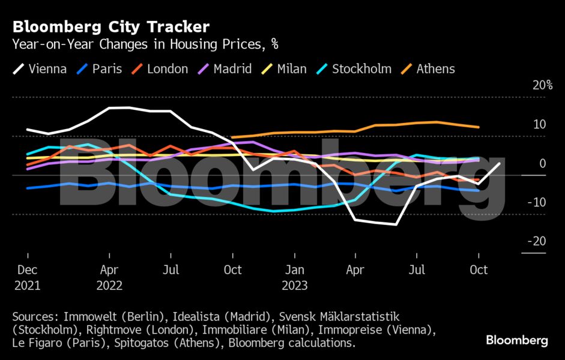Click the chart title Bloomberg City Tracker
point(111,27)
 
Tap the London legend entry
point(161,69)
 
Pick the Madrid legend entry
point(225,69)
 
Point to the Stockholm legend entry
point(354,69)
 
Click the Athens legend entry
point(428,69)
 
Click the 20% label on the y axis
point(542,85)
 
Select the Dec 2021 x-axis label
point(28,277)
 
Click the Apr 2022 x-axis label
point(109,277)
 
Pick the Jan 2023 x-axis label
point(294,277)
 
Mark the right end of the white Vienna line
point(499,163)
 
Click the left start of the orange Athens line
point(232,137)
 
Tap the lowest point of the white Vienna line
point(396,224)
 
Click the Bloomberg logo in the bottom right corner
point(516,340)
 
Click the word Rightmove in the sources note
point(110,329)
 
